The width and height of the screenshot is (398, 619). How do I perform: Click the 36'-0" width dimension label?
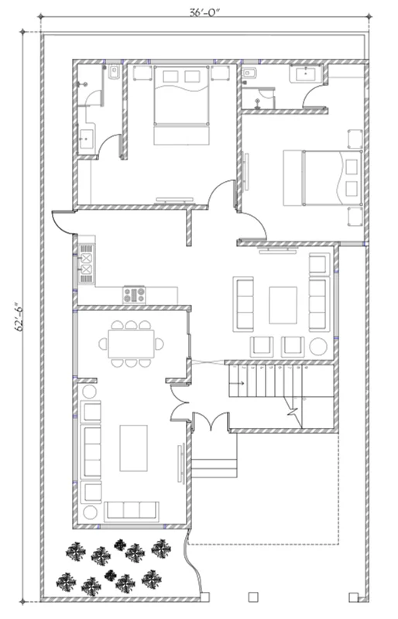pos(204,12)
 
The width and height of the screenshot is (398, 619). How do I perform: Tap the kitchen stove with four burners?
pos(134,295)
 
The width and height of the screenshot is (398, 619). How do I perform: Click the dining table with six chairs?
pos(131,344)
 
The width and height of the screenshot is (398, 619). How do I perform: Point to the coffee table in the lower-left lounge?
pos(134,448)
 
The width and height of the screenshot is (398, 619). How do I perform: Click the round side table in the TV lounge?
pos(318,347)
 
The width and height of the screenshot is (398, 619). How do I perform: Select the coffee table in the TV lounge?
pos(283,306)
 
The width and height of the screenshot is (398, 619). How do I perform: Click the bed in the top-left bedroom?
pos(181,105)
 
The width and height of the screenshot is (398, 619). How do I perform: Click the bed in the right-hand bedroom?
pos(323,177)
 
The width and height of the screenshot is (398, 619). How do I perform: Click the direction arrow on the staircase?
pos(237,383)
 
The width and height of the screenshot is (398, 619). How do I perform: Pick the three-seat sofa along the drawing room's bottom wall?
pos(131,511)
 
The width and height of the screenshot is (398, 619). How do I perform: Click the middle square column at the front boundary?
pos(253,597)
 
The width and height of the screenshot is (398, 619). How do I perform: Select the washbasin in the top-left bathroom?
pos(86,139)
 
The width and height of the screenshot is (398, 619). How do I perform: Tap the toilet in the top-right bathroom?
pos(250,73)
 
